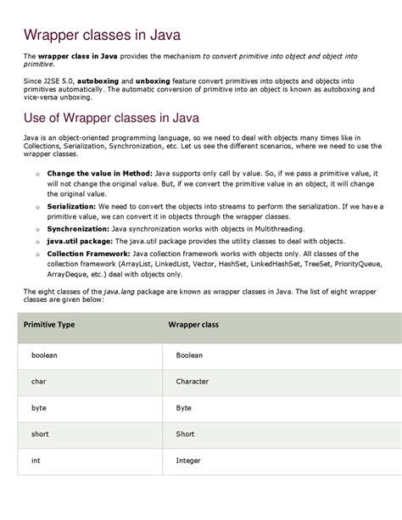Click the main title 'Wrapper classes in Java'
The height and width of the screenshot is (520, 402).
click(x=102, y=35)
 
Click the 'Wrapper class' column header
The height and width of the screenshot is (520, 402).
click(x=193, y=324)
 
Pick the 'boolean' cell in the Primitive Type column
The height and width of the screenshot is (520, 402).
click(x=44, y=355)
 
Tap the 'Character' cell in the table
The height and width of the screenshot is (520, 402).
click(x=193, y=381)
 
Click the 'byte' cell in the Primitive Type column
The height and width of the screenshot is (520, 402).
click(x=39, y=407)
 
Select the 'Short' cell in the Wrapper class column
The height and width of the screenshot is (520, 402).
click(x=185, y=433)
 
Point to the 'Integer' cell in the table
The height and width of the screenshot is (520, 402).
click(x=188, y=460)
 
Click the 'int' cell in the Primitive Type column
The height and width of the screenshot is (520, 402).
click(x=36, y=460)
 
